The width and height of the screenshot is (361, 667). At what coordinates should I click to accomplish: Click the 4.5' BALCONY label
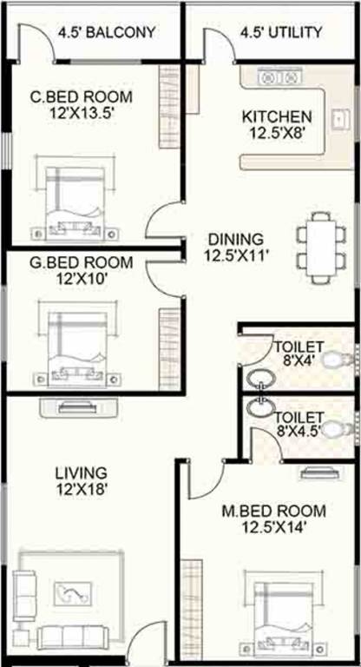[x=107, y=33]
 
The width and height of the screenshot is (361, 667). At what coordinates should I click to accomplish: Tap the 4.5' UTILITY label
[x=280, y=33]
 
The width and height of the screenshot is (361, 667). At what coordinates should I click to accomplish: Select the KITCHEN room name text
[x=276, y=116]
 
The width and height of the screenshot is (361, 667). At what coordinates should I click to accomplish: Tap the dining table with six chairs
[x=314, y=248]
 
